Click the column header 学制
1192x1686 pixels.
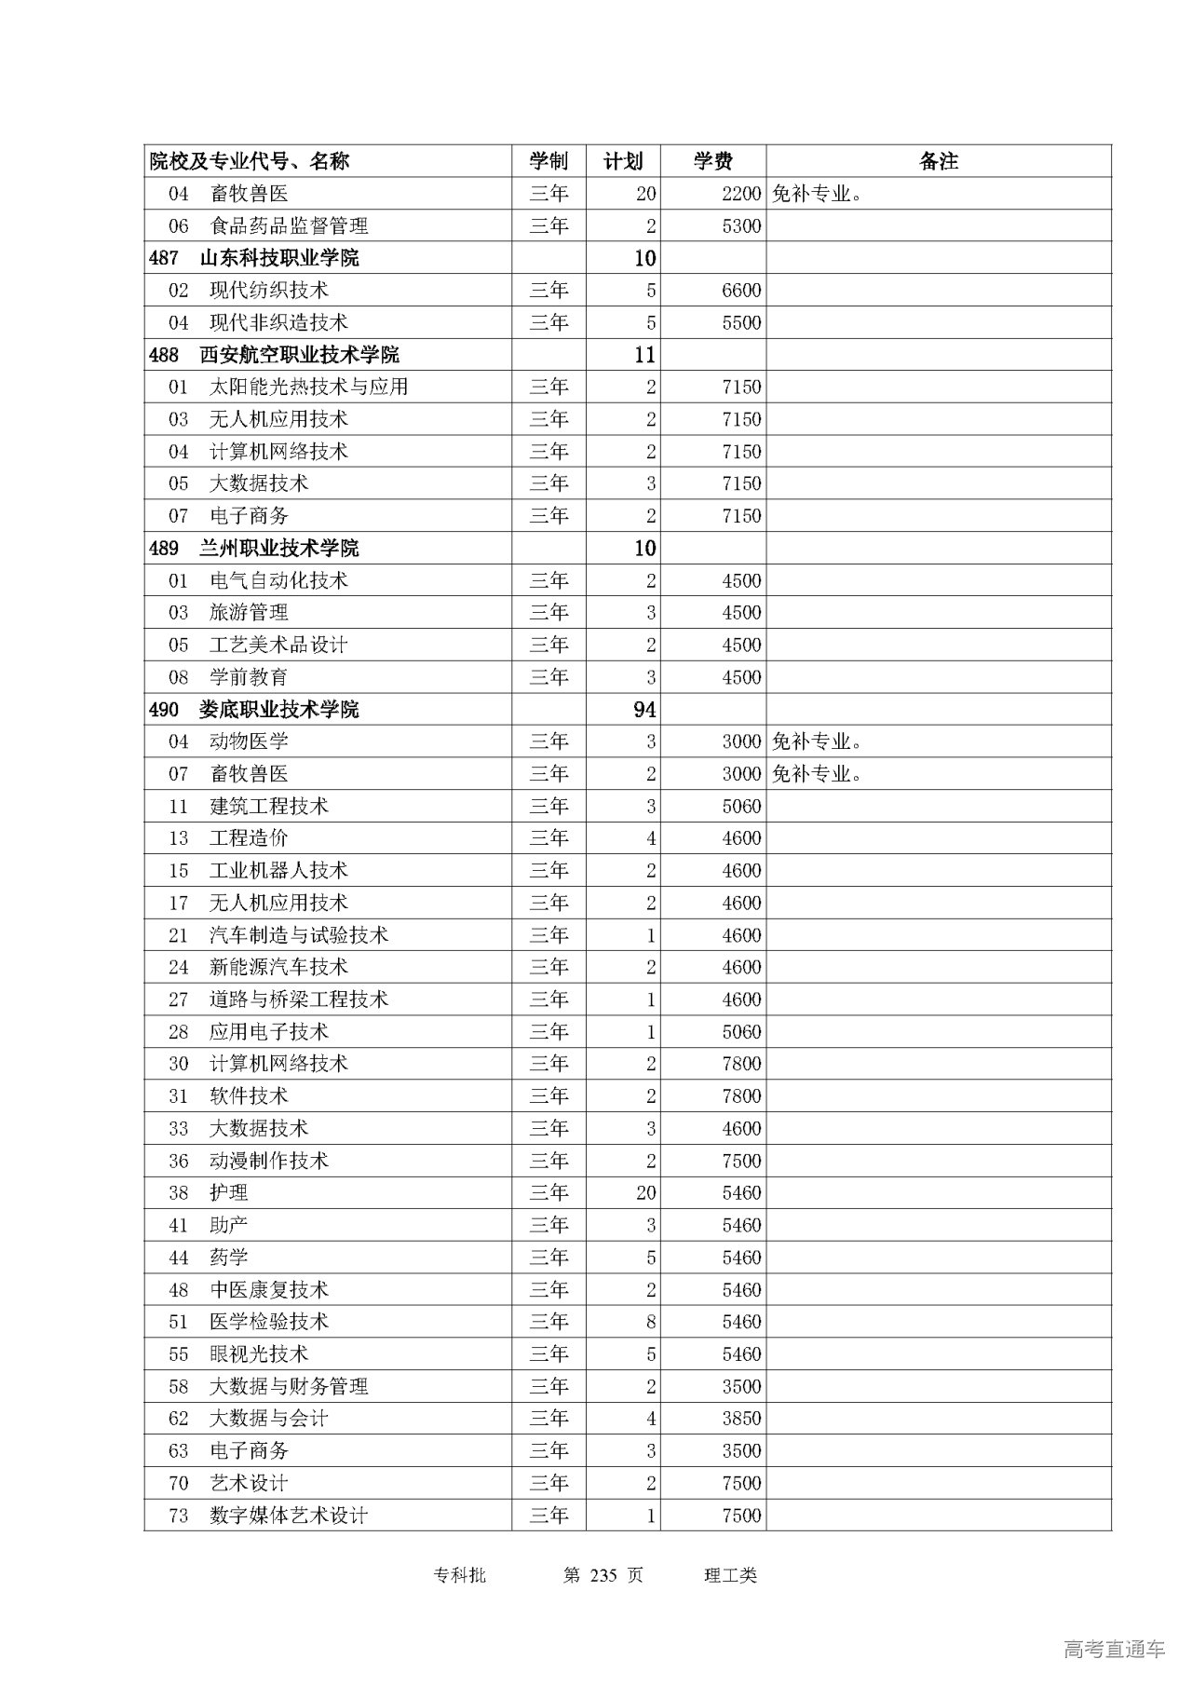tap(549, 161)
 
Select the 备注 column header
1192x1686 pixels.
tap(938, 161)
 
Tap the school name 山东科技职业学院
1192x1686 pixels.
tap(279, 258)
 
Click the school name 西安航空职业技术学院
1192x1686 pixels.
tap(299, 355)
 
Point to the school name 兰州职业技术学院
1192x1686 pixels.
tap(279, 548)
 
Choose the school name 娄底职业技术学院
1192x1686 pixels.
tap(279, 710)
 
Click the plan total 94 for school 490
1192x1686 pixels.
tap(644, 710)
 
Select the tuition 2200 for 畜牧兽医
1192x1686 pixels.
tap(741, 194)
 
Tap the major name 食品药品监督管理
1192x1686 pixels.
tap(289, 226)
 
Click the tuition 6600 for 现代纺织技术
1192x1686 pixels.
tap(741, 291)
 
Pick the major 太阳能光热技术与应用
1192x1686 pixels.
tap(308, 387)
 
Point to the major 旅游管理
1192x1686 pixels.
tap(249, 613)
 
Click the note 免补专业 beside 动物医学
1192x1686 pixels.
tap(817, 741)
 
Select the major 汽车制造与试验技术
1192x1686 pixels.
tap(298, 935)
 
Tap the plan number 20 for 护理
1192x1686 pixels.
tap(645, 1193)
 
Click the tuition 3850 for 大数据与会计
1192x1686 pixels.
tap(741, 1419)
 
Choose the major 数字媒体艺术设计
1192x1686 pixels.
tap(289, 1516)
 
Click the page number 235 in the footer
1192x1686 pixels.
tap(604, 1575)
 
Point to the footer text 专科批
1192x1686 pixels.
tap(460, 1575)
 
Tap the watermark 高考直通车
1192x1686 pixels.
tap(1114, 1649)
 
